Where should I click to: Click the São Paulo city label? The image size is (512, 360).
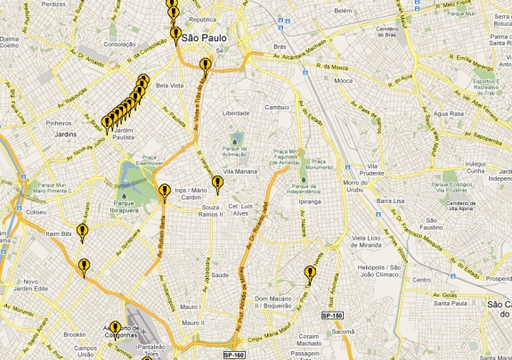pyautogui.click(x=203, y=39)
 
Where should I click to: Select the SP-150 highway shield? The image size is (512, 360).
pyautogui.click(x=332, y=316)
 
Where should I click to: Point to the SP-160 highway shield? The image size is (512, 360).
pyautogui.click(x=234, y=354)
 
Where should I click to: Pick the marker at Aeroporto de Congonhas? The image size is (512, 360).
pyautogui.click(x=115, y=329)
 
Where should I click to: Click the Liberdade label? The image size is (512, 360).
pyautogui.click(x=235, y=113)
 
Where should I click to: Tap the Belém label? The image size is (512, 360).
pyautogui.click(x=344, y=11)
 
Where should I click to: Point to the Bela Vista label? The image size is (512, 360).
pyautogui.click(x=168, y=86)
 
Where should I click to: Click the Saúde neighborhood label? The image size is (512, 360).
pyautogui.click(x=221, y=275)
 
